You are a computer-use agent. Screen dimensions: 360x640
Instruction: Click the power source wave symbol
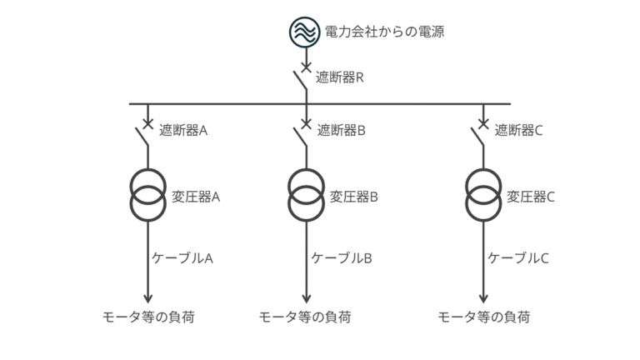pyautogui.click(x=306, y=31)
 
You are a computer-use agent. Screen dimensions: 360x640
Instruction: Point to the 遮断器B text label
pyautogui.click(x=341, y=130)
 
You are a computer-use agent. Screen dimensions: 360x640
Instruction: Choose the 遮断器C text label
pyautogui.click(x=518, y=130)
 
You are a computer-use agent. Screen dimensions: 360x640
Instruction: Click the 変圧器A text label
pyautogui.click(x=196, y=197)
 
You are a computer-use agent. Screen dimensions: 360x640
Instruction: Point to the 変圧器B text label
pyautogui.click(x=354, y=197)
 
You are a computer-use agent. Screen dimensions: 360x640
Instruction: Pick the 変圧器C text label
pyautogui.click(x=531, y=197)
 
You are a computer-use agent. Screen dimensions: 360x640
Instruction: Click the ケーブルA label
pyautogui.click(x=182, y=257)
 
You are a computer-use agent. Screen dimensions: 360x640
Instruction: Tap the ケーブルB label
pyautogui.click(x=342, y=257)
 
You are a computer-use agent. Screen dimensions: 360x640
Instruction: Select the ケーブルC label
pyautogui.click(x=518, y=257)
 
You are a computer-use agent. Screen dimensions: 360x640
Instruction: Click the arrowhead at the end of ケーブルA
pyautogui.click(x=148, y=298)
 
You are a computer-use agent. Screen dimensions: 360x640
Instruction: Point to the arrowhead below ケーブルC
pyautogui.click(x=483, y=298)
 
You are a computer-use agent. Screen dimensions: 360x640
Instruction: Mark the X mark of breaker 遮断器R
pyautogui.click(x=306, y=66)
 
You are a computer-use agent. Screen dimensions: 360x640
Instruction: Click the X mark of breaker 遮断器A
pyautogui.click(x=148, y=125)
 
